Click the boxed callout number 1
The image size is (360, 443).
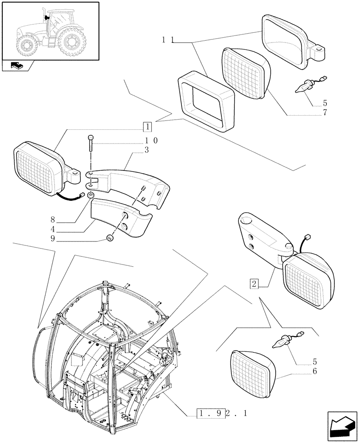pyautogui.click(x=147, y=127)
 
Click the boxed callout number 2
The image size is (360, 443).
pyautogui.click(x=254, y=283)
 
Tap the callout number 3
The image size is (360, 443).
pyautogui.click(x=147, y=151)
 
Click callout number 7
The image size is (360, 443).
pyautogui.click(x=325, y=113)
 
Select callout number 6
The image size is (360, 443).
pyautogui.click(x=315, y=371)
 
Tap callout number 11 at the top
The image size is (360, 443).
pyautogui.click(x=167, y=40)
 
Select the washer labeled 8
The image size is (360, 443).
pyautogui.click(x=90, y=195)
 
